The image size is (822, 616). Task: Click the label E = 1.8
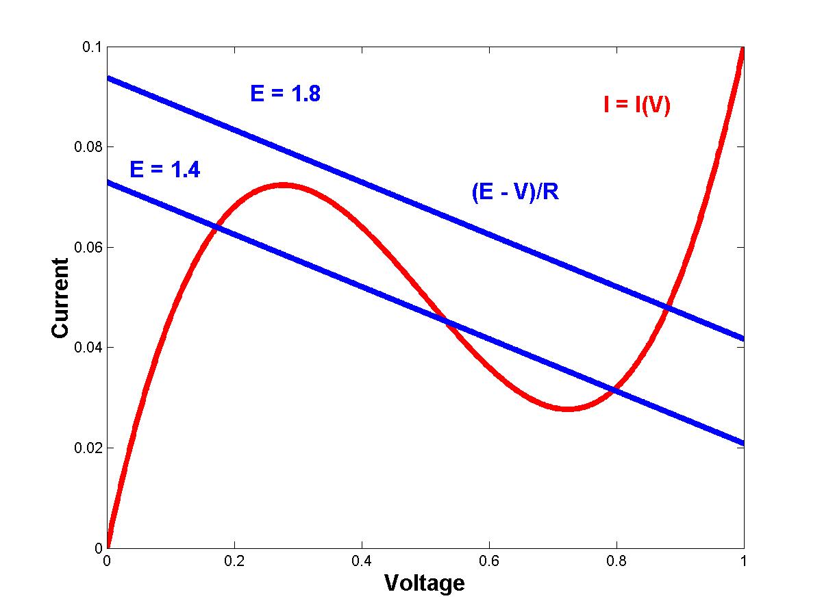point(285,93)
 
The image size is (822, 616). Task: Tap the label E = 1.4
point(164,169)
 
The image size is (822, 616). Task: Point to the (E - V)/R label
point(515,192)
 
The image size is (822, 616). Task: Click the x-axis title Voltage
point(424,583)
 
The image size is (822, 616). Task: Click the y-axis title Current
point(60,298)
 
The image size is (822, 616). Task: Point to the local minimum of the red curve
point(567,409)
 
